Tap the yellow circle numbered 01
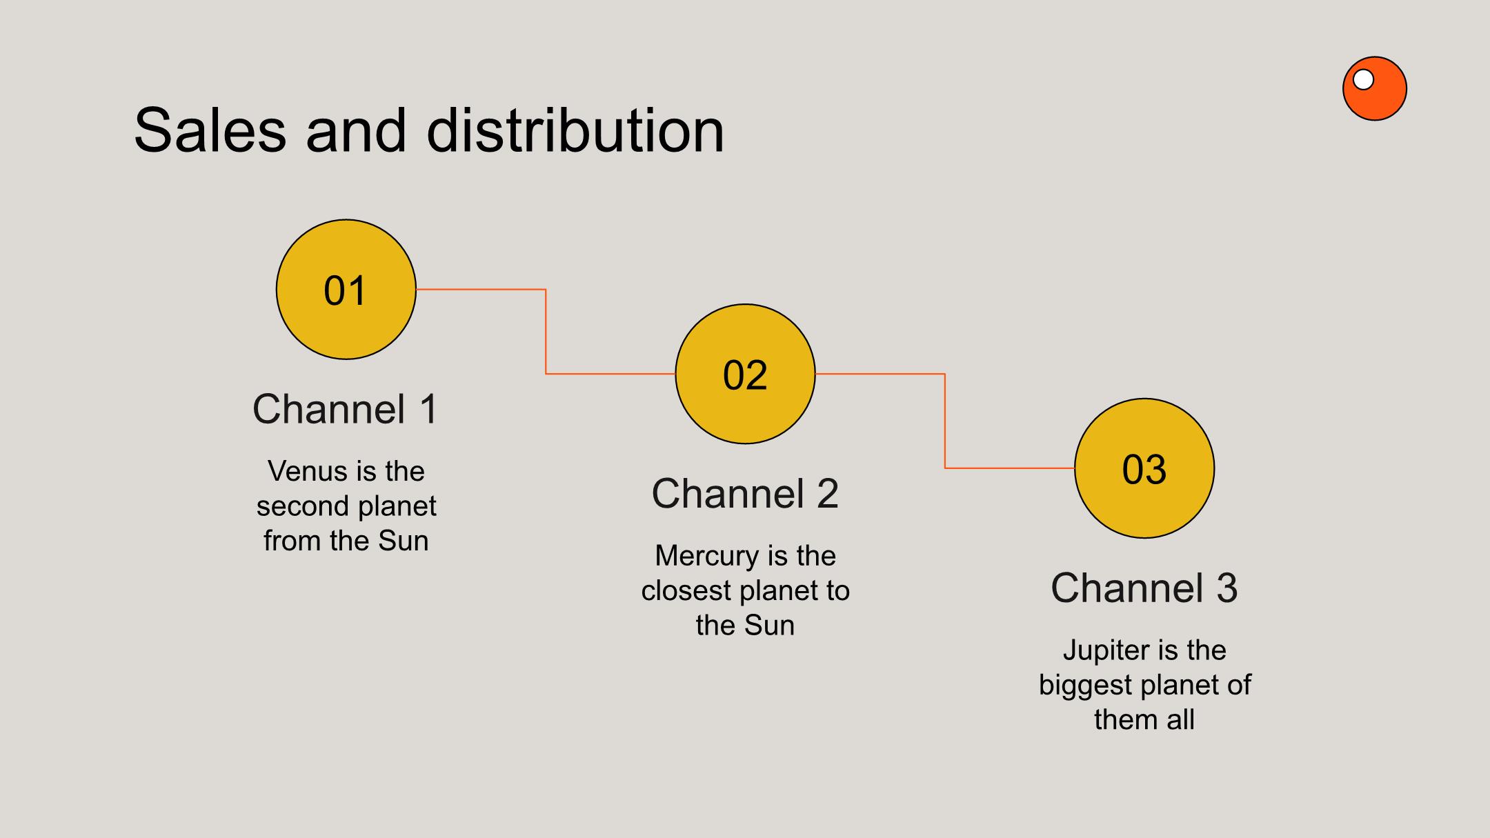(x=346, y=290)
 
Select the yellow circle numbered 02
(x=745, y=374)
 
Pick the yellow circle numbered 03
(x=1144, y=468)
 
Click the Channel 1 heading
(x=346, y=409)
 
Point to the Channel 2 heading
(x=745, y=494)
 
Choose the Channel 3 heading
(x=1144, y=588)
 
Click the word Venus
(x=307, y=471)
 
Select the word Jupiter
(x=1106, y=650)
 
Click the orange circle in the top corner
(x=1375, y=88)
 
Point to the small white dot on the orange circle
(x=1363, y=80)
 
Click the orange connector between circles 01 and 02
(x=546, y=332)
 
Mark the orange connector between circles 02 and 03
(x=944, y=421)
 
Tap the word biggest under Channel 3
(x=1086, y=686)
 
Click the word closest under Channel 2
(x=686, y=591)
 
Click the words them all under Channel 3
(x=1144, y=720)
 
